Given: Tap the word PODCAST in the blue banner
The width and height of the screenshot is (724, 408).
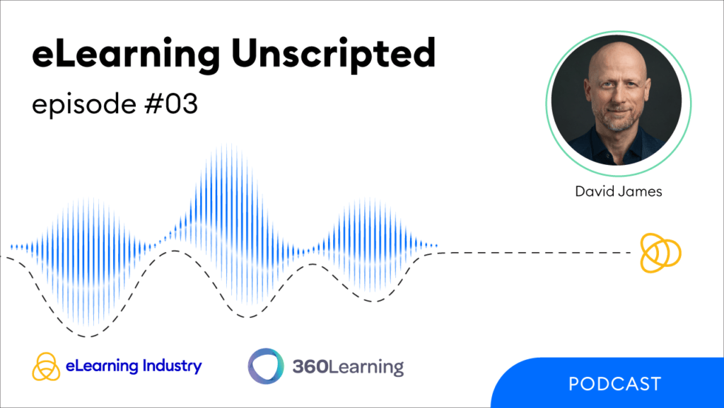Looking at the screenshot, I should click(x=614, y=384).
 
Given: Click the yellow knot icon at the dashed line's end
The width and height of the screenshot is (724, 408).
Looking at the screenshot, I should click(x=660, y=251).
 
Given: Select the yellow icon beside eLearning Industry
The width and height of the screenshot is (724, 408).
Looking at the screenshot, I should click(x=45, y=366).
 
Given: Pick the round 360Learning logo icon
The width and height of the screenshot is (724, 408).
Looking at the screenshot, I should click(x=266, y=366).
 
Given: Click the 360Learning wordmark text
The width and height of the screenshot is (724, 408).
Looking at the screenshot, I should click(x=348, y=367).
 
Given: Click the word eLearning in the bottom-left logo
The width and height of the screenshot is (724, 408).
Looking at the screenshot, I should click(x=96, y=366).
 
